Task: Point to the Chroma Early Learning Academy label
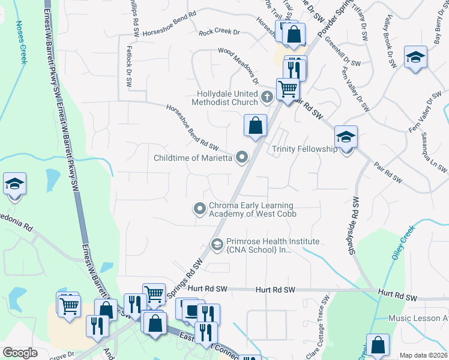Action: [x=253, y=209]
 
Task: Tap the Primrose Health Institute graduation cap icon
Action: [x=217, y=244]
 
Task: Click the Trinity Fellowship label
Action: [x=305, y=149]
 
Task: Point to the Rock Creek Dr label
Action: [x=219, y=31]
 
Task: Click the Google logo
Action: [x=20, y=353]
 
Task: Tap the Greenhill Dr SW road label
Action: [x=343, y=52]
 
